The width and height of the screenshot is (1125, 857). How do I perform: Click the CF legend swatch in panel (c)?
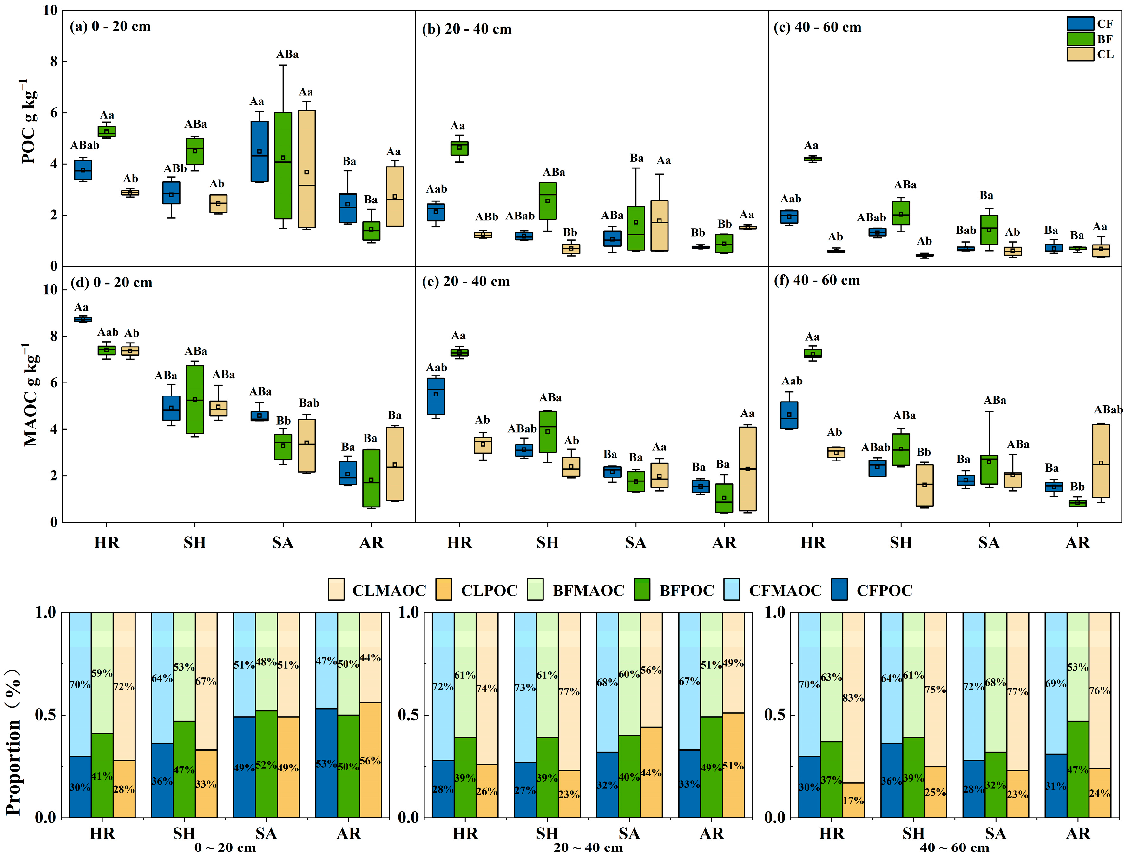(x=1080, y=23)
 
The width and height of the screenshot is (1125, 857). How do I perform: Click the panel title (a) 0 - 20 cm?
(x=110, y=27)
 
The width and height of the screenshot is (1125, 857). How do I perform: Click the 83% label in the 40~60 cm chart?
(x=853, y=698)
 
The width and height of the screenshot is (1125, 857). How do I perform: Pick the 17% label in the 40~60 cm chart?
(x=853, y=800)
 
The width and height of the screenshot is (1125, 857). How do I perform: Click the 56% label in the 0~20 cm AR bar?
(x=370, y=761)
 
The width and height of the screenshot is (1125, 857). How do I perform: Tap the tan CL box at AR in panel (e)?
(x=747, y=468)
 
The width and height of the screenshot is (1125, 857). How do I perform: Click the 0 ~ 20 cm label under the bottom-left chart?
(x=225, y=847)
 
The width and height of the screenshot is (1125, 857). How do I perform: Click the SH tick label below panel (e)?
(x=548, y=543)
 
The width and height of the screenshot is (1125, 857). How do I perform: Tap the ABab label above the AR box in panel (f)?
(x=1108, y=409)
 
